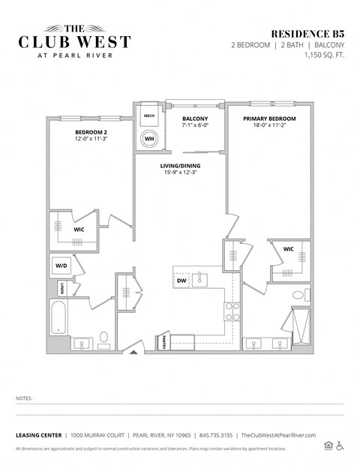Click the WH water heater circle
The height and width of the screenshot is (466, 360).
149,139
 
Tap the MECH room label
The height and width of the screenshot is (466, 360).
149,116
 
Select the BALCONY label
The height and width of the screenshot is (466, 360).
195,119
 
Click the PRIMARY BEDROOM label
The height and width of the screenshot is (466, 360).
269,119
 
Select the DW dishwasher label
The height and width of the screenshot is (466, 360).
181,281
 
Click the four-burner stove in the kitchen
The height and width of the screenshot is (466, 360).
232,311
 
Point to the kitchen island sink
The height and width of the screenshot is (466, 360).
201,280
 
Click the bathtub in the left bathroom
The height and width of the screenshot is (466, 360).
59,318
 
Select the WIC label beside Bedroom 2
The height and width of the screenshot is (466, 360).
78,230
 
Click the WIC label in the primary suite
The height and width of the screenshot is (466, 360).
288,249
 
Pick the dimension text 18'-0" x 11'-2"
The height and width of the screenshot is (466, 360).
269,128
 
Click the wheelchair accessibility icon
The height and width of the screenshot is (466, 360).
340,446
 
